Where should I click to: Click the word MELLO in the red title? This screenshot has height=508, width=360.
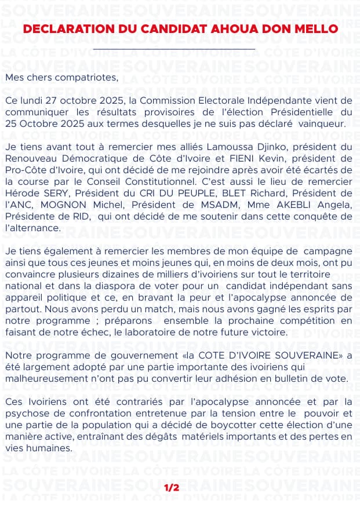click(318, 29)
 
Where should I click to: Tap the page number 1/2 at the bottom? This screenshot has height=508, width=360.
click(172, 488)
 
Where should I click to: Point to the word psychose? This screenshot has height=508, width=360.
click(26, 413)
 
